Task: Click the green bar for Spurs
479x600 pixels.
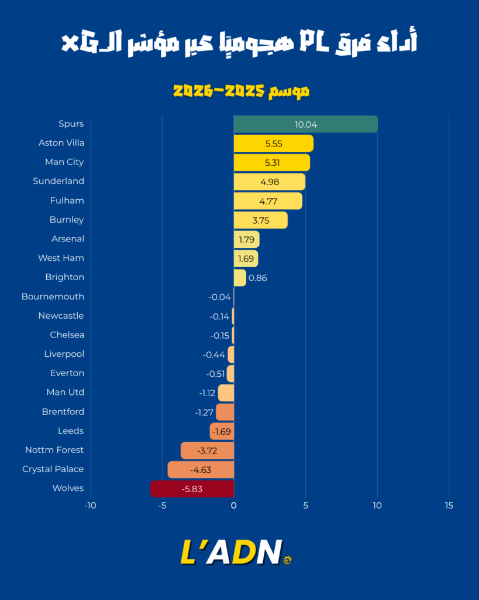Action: click(305, 124)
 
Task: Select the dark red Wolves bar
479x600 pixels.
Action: click(192, 489)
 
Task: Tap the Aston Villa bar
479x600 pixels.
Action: click(273, 144)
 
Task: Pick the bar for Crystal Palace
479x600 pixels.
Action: click(201, 469)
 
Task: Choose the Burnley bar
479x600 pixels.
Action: click(260, 220)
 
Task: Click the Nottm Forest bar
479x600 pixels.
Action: click(207, 450)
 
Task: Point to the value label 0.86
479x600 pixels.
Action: click(257, 278)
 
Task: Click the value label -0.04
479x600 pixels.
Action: click(219, 297)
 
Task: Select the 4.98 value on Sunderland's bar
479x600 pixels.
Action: click(270, 182)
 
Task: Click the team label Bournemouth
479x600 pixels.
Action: click(53, 296)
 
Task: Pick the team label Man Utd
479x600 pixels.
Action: click(65, 392)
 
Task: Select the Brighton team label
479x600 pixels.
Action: click(64, 277)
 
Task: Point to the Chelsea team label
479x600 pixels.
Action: click(67, 335)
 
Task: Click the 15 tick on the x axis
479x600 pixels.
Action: click(449, 506)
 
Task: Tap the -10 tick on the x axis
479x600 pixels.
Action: click(90, 506)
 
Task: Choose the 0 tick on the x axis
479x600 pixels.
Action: click(234, 506)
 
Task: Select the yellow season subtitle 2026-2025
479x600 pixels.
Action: click(240, 91)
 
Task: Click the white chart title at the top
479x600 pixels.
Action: click(239, 42)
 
